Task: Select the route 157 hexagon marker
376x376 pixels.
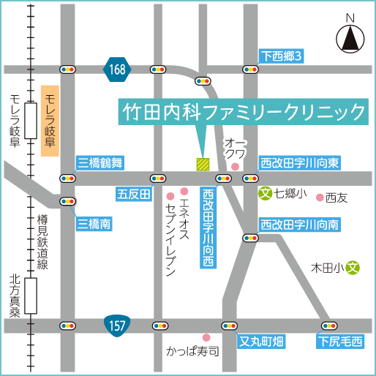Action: (x=119, y=324)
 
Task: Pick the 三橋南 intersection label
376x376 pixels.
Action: (x=94, y=224)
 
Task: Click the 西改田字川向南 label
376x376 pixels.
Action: (x=300, y=225)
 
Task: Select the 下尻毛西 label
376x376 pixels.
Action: (x=339, y=341)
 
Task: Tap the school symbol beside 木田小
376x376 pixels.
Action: (x=353, y=268)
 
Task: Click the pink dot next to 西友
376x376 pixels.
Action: (x=320, y=196)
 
